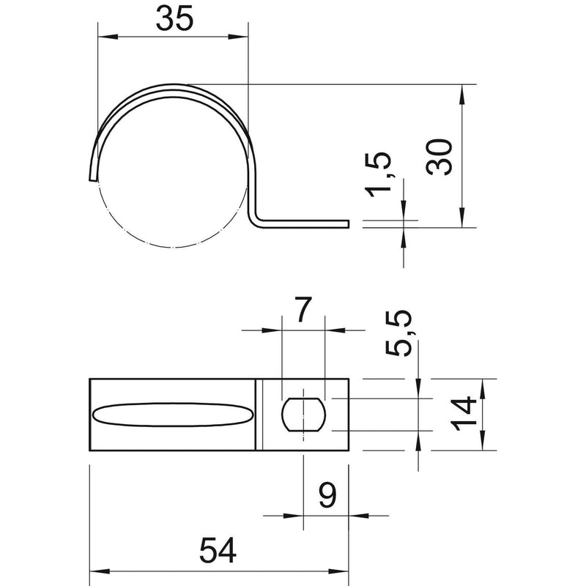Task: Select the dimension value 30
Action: [x=439, y=157]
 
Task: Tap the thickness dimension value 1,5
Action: [x=378, y=174]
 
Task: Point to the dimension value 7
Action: [x=303, y=309]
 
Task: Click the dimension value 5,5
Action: [x=398, y=333]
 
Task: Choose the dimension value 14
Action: [x=464, y=415]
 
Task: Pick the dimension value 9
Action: [x=327, y=495]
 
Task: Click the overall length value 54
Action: [x=218, y=550]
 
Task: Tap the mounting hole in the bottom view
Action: [x=303, y=415]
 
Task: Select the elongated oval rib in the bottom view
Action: [x=173, y=415]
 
